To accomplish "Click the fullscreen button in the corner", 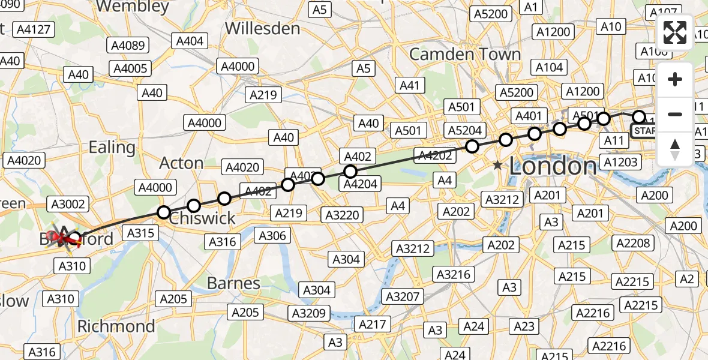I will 675,32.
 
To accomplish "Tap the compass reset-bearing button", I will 675,149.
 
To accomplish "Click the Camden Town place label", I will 465,54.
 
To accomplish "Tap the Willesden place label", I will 262,28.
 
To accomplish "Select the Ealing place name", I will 112,147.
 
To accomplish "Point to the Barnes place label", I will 233,283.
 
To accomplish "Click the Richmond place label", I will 116,326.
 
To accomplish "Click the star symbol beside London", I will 498,166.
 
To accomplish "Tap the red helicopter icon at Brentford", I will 62,239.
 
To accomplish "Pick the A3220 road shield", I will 341,214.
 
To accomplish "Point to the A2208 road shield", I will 632,242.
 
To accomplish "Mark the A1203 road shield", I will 620,162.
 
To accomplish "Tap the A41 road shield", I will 409,86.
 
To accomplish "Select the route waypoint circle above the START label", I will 639,117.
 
